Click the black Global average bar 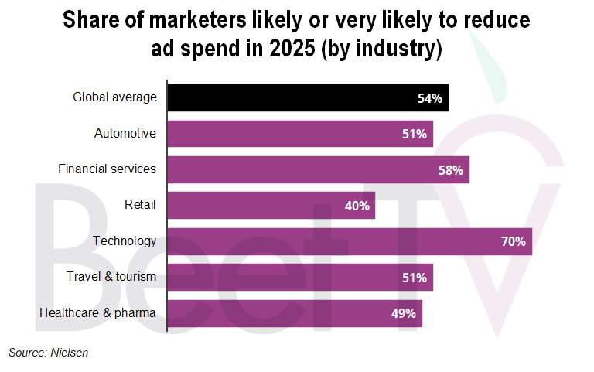click(308, 98)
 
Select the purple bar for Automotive click(300, 134)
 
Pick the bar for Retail click(271, 206)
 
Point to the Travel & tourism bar click(300, 277)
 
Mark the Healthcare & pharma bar click(295, 312)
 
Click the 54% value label click(429, 98)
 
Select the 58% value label click(450, 169)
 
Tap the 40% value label click(357, 206)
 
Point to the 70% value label click(513, 241)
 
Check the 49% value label click(404, 312)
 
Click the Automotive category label click(125, 134)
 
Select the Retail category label click(140, 205)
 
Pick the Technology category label click(125, 241)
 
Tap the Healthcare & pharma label click(97, 312)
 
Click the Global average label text click(114, 97)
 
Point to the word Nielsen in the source click(70, 353)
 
